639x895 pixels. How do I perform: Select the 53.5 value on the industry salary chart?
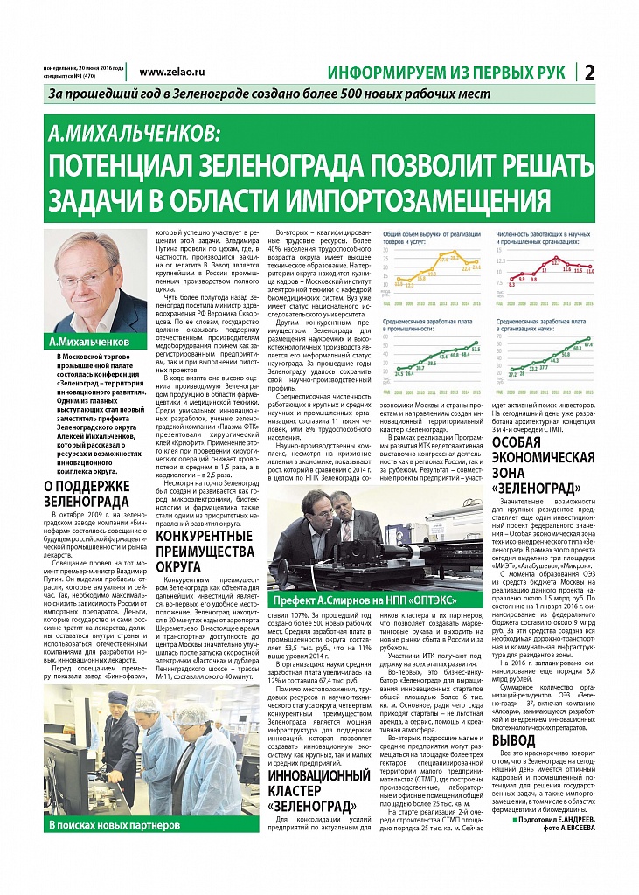(475, 349)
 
